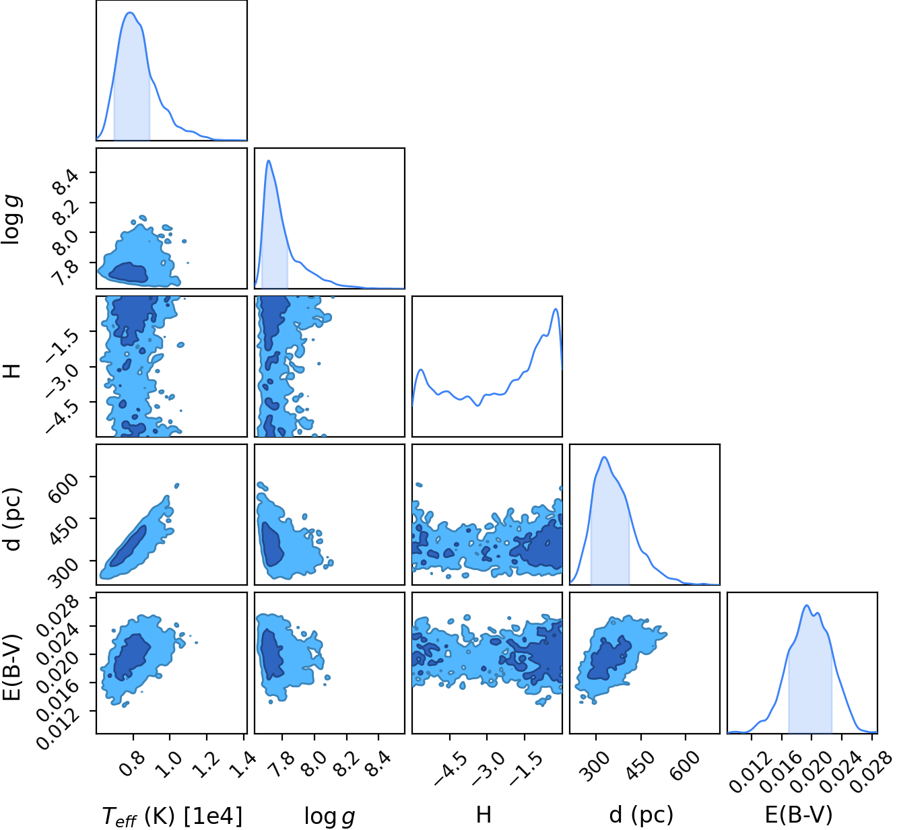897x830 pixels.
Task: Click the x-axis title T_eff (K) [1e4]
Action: point(172,816)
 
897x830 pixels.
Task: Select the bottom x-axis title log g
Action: point(329,816)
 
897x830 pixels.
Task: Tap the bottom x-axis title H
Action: point(484,815)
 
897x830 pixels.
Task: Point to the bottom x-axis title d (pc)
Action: point(641,815)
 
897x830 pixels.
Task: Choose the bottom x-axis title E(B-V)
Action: point(799,815)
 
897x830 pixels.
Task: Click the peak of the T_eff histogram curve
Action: point(129,13)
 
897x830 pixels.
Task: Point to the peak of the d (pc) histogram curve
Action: point(604,457)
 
